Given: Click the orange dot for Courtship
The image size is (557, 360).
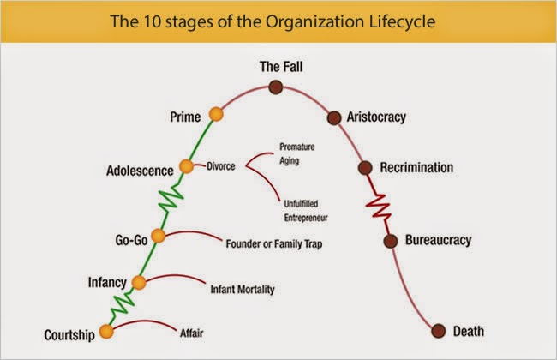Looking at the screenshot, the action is click(x=106, y=331).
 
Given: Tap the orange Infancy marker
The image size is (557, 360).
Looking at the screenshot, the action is click(x=139, y=283).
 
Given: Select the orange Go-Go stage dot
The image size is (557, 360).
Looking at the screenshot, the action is click(x=158, y=236).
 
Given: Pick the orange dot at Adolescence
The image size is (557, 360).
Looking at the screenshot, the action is click(x=186, y=166).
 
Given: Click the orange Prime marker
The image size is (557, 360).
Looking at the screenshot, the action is click(x=216, y=115).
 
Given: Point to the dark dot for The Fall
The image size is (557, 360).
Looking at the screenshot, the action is click(x=276, y=87).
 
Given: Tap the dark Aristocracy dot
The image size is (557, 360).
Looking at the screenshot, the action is click(x=334, y=117).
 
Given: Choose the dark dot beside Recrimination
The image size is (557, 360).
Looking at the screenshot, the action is click(x=365, y=168).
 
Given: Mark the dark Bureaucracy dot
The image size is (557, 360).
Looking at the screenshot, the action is click(x=391, y=242).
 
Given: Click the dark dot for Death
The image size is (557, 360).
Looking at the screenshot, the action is click(x=439, y=331).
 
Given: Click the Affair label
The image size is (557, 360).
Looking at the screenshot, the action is click(x=191, y=333).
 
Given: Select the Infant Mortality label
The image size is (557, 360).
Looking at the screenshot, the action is click(x=243, y=289).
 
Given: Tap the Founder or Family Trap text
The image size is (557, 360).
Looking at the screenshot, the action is click(x=274, y=243).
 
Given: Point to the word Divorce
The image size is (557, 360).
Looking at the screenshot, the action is click(x=221, y=166).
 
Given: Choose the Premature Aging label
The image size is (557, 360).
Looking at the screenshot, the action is click(x=297, y=153).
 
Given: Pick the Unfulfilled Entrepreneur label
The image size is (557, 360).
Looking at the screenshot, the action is click(x=306, y=211).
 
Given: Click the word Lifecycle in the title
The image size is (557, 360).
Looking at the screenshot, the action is click(x=402, y=21).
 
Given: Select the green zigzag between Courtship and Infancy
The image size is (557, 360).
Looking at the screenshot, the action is click(x=123, y=305).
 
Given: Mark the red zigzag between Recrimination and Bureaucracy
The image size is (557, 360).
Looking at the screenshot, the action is click(x=379, y=205).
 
